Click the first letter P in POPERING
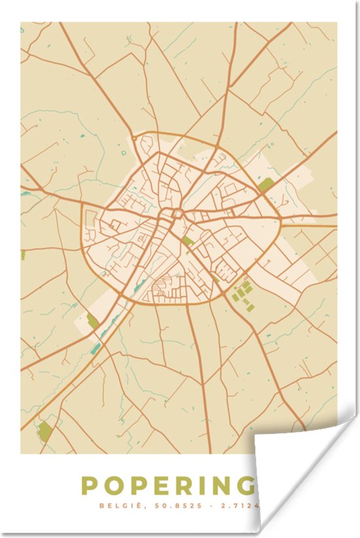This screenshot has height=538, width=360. (x=90, y=486)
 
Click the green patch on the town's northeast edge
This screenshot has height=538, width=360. (x=265, y=185)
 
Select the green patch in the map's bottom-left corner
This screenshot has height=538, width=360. (x=45, y=431)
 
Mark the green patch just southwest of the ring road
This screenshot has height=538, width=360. (x=92, y=321)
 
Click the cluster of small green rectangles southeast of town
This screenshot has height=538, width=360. (x=242, y=293)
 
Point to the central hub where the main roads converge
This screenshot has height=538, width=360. (x=175, y=213)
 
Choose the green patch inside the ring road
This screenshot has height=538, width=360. (x=188, y=241)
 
